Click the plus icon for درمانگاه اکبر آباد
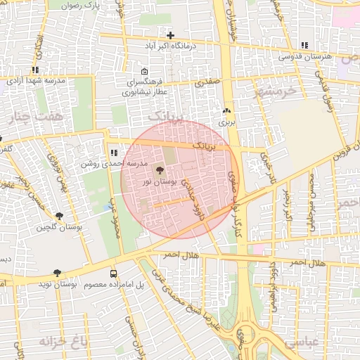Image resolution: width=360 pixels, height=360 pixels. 170,35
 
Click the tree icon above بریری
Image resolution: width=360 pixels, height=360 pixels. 226,111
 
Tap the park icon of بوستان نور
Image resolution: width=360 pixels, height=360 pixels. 160,171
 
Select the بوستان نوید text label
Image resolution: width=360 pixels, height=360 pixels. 57,283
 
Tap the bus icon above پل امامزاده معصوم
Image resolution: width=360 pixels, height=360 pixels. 114,274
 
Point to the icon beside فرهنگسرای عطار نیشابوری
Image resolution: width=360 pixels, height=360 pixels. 144,72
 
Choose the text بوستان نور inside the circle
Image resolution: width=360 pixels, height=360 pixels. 160,182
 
